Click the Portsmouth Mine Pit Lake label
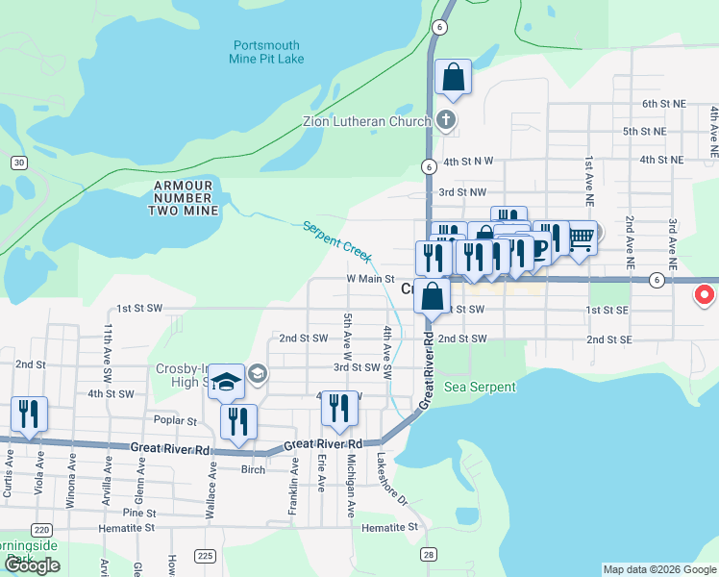[x=267, y=52]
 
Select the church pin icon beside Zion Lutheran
[x=444, y=120]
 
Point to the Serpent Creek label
[x=335, y=240]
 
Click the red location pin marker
[x=705, y=294]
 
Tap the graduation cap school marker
[x=226, y=382]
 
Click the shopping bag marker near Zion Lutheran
[x=453, y=77]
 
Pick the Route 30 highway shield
[x=18, y=163]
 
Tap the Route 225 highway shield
[x=205, y=555]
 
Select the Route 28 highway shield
[x=429, y=555]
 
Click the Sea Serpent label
[x=480, y=387]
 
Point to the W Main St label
[x=371, y=280]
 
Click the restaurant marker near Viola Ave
[x=29, y=414]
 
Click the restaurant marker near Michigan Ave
[x=339, y=408]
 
